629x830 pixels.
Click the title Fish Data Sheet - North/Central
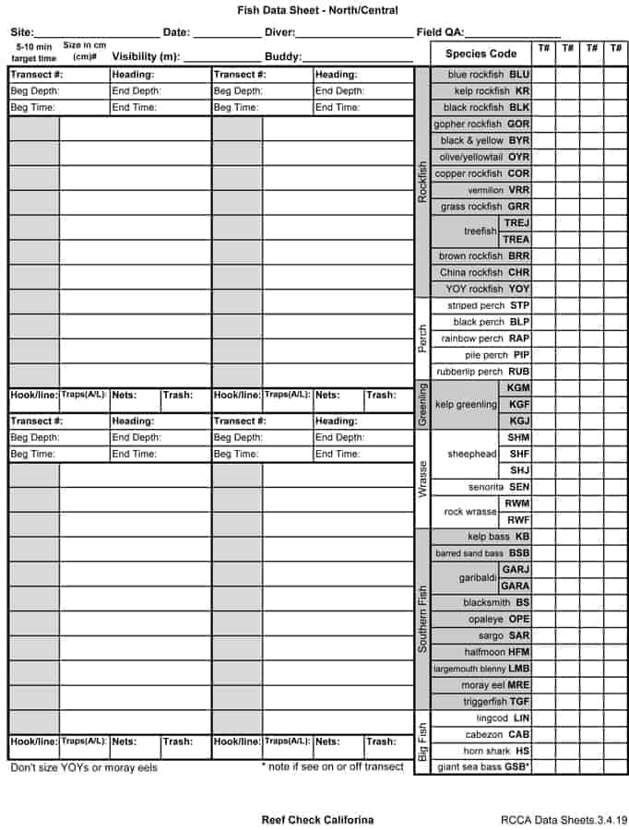pos(317,10)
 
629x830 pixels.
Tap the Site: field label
pos(22,32)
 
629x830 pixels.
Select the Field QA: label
pos(441,32)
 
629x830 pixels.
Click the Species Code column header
pos(481,53)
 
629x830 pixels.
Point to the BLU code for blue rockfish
pos(519,75)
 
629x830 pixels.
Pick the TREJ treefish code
pos(516,223)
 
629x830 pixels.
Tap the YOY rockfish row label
pos(487,289)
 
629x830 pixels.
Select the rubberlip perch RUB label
pos(484,372)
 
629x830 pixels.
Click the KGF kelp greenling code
pos(518,404)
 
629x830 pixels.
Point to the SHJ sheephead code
pos(518,470)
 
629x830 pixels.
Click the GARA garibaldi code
pos(516,586)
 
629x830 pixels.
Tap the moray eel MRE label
pos(495,685)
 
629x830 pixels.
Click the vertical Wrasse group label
pos(422,479)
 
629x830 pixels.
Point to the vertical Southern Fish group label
pos(422,619)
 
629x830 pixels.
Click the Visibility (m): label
pos(146,56)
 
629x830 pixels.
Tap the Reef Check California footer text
pos(317,820)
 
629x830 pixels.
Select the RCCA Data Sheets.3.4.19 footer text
pos(563,820)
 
